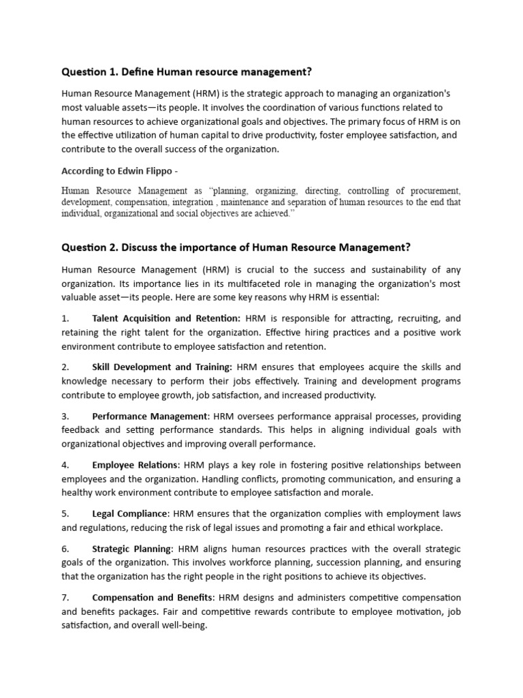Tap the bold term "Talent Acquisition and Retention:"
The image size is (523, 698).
[x=166, y=318]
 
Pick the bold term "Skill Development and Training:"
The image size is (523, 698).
[x=162, y=367]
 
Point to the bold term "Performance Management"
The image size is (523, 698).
[x=150, y=416]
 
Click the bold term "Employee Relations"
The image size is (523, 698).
[x=135, y=465]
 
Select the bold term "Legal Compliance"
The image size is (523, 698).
[x=129, y=513]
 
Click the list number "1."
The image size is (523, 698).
[x=65, y=318]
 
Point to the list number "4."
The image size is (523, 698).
[x=65, y=465]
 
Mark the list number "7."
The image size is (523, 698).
[x=65, y=598]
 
